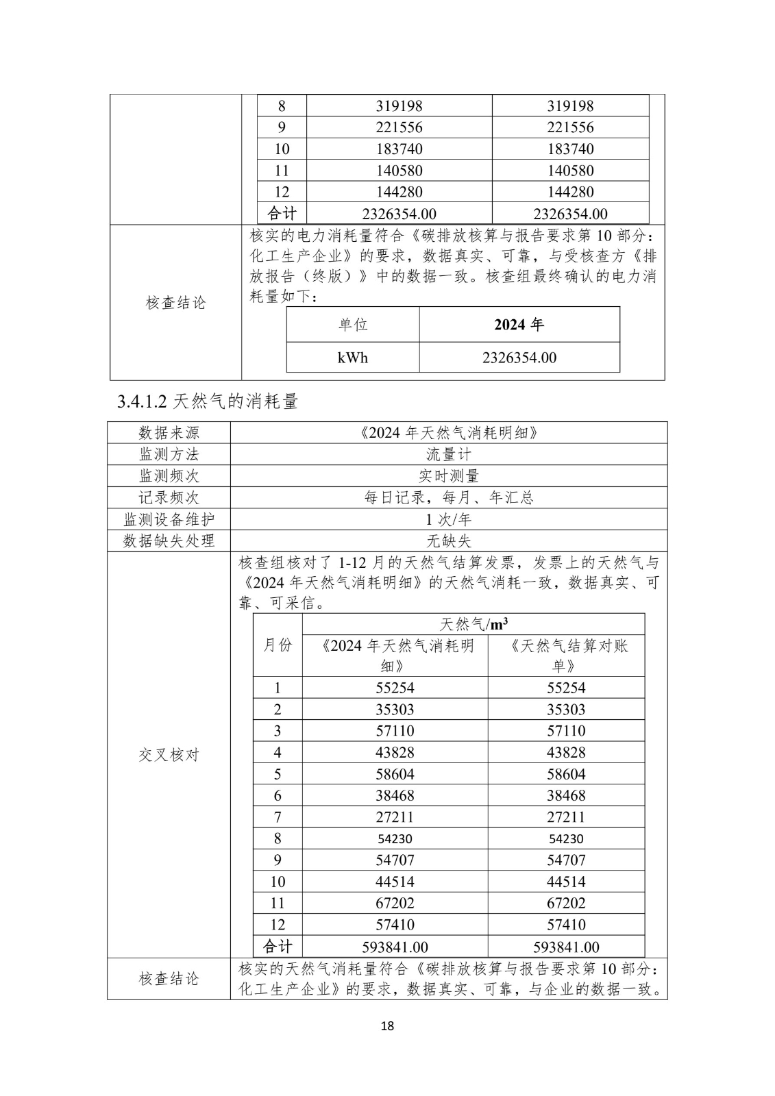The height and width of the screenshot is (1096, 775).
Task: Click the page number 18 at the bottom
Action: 387,1025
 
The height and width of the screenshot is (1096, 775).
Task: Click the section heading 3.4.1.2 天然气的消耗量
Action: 208,401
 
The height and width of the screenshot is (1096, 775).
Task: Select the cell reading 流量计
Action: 449,454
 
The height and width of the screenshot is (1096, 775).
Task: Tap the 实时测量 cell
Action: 449,475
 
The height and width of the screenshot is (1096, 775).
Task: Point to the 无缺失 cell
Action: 449,540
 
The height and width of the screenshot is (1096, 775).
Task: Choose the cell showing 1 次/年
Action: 449,519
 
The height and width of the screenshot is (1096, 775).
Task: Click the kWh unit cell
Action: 352,358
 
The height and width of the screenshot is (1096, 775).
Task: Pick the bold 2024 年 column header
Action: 519,325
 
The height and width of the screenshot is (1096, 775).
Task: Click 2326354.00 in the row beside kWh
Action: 519,358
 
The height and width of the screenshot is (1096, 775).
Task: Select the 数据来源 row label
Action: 169,432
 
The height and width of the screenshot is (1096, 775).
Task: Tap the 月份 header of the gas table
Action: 278,645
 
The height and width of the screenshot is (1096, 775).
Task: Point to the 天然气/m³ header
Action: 473,624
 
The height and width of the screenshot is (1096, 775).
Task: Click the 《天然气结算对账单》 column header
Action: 566,656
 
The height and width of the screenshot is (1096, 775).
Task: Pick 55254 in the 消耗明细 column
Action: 395,688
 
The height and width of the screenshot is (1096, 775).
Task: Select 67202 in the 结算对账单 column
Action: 566,903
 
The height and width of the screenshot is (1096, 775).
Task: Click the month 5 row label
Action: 278,774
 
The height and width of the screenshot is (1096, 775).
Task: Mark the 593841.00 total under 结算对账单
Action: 566,947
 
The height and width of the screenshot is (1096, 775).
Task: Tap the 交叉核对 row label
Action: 169,755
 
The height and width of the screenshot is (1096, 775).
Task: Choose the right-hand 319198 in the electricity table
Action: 570,106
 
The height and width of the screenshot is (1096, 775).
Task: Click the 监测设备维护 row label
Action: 169,519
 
